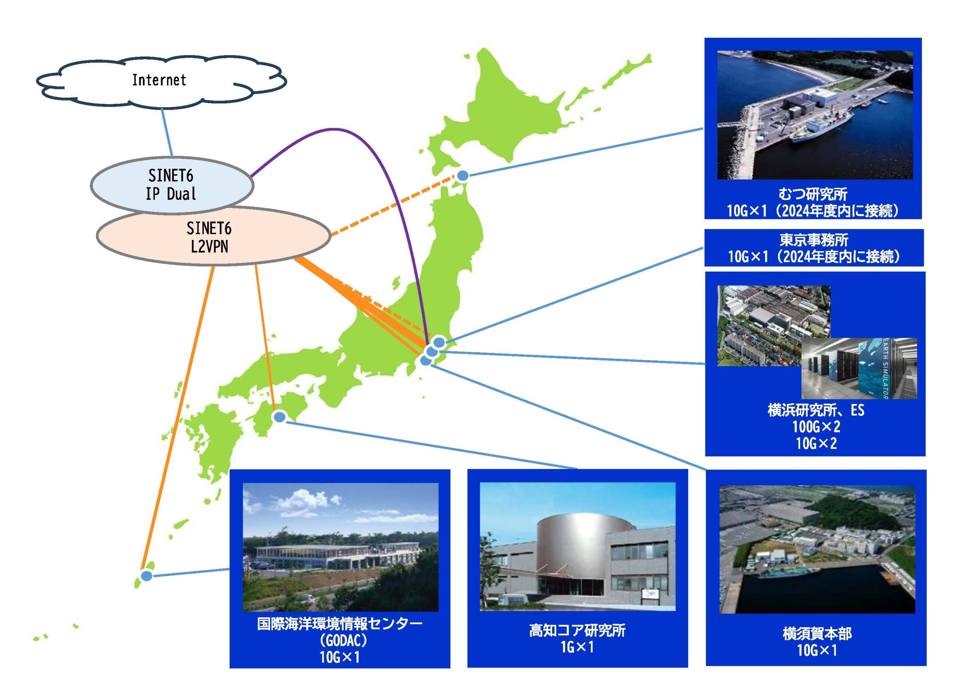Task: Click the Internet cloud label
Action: [159, 80]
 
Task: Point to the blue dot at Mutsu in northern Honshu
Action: [462, 176]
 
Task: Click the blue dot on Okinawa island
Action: [146, 576]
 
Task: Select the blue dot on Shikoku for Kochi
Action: [279, 417]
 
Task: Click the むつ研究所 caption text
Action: [813, 194]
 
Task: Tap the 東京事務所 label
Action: [814, 240]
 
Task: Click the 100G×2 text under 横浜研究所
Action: [816, 427]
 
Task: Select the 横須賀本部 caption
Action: [817, 634]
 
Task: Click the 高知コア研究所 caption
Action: [577, 631]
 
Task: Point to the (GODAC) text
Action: [340, 640]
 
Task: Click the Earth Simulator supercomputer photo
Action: [859, 368]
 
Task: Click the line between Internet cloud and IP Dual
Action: [167, 133]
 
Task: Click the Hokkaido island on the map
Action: [524, 105]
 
